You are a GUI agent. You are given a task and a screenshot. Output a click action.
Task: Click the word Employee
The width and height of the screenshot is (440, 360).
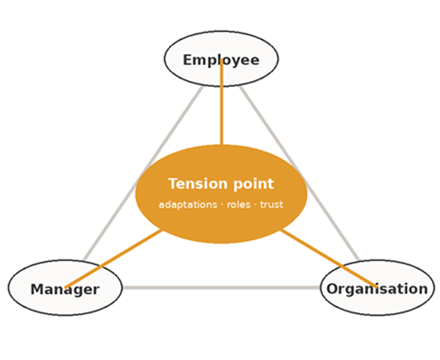click(x=221, y=61)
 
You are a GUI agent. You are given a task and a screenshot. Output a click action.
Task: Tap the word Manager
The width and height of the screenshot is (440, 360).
click(x=65, y=289)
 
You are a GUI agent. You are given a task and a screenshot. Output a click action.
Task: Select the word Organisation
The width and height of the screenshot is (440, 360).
click(x=377, y=289)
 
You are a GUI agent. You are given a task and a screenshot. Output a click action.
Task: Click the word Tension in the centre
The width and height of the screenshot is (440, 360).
click(x=197, y=184)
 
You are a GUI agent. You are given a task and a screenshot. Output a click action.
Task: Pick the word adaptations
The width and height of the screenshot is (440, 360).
click(x=188, y=205)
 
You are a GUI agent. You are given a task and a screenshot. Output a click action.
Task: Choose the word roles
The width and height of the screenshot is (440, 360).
click(x=238, y=205)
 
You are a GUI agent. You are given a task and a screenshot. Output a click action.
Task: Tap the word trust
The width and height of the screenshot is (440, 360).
click(x=272, y=205)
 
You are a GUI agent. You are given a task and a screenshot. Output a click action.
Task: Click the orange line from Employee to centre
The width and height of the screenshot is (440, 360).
click(x=222, y=102)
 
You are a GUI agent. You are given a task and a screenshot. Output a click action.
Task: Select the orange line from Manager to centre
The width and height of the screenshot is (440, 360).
click(x=113, y=259)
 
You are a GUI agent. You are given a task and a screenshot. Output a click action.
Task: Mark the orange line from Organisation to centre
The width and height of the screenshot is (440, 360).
click(x=328, y=258)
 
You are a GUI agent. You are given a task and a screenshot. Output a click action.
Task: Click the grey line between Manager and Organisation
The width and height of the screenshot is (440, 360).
click(x=221, y=288)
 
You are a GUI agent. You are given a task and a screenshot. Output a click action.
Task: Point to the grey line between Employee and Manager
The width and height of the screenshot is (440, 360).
click(x=143, y=173)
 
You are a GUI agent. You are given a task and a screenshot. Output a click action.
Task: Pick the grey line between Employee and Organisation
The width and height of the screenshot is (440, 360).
click(x=299, y=173)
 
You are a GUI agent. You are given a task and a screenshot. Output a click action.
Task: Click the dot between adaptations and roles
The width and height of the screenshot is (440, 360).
click(x=222, y=205)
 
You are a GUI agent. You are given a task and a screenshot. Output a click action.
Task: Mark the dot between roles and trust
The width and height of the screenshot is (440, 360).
click(x=255, y=205)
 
